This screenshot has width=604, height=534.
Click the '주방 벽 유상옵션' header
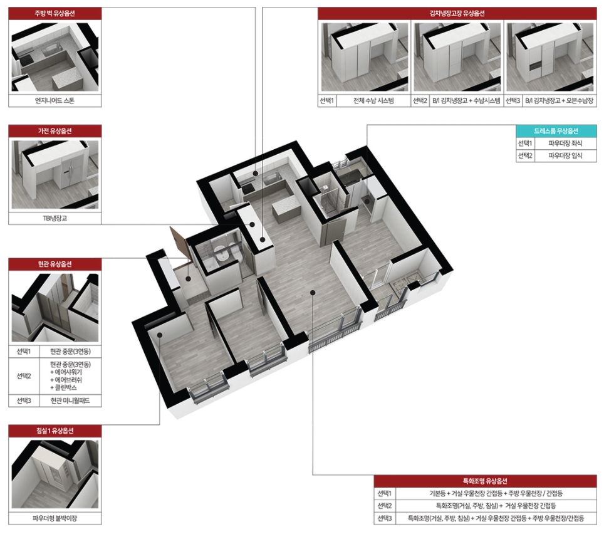(x=55, y=14)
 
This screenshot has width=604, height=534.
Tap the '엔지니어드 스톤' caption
(x=55, y=100)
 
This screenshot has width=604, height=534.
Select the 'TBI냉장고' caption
(x=55, y=218)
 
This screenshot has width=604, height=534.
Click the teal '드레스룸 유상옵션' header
(x=556, y=131)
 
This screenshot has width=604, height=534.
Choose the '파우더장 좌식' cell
(x=565, y=144)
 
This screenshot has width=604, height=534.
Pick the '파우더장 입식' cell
(x=565, y=155)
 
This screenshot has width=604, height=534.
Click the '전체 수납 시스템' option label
(x=373, y=100)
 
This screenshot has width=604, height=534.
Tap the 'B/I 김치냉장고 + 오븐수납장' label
(x=559, y=100)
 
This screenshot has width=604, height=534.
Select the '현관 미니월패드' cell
(x=70, y=401)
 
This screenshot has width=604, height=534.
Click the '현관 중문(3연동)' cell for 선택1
(x=70, y=352)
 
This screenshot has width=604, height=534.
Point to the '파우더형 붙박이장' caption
(x=55, y=518)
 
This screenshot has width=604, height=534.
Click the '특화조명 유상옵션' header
(x=485, y=481)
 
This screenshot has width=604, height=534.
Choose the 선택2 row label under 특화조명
(x=385, y=506)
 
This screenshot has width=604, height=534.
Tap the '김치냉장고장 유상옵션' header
(x=457, y=14)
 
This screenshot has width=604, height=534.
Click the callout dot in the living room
(x=313, y=293)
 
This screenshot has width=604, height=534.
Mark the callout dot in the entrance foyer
(x=188, y=278)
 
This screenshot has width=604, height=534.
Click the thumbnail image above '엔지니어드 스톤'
(x=55, y=57)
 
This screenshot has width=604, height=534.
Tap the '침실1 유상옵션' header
(x=55, y=431)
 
